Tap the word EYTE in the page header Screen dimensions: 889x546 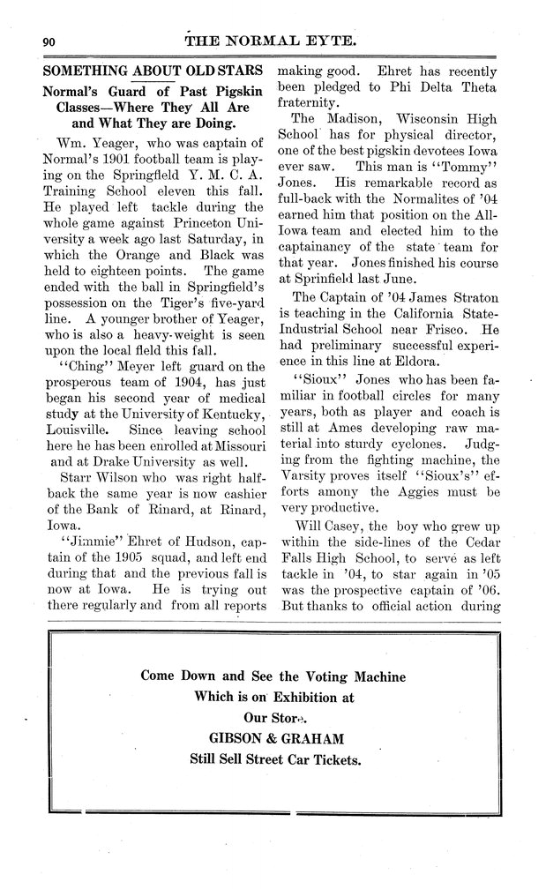(x=330, y=40)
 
